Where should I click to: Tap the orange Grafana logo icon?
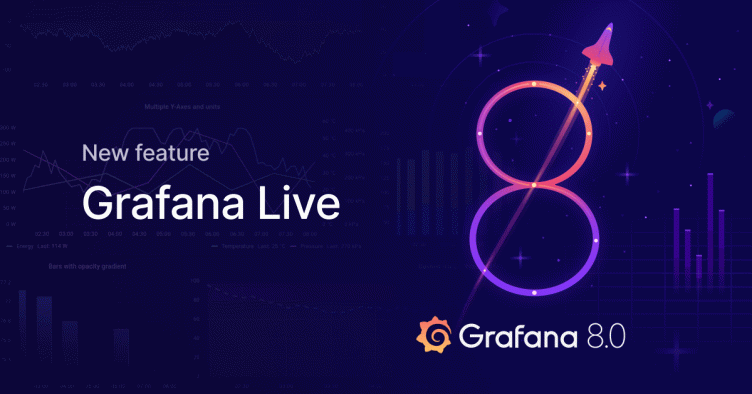coord(435,334)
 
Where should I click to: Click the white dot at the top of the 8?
coord(535,81)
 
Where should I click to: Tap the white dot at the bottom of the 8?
coord(535,292)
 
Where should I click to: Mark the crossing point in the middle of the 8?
coord(536,185)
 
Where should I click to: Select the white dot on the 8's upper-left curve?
coord(481,131)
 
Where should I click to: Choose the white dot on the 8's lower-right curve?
coord(595,241)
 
